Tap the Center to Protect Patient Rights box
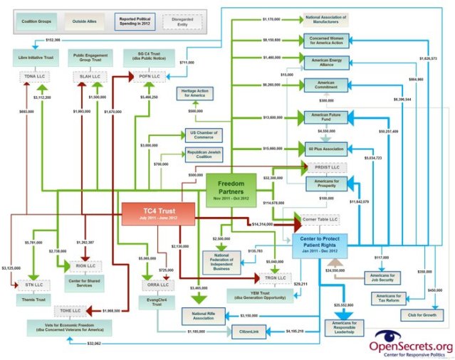tap(319, 245)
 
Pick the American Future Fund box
tap(325, 118)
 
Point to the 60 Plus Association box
tap(325, 149)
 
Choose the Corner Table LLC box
tap(319, 220)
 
